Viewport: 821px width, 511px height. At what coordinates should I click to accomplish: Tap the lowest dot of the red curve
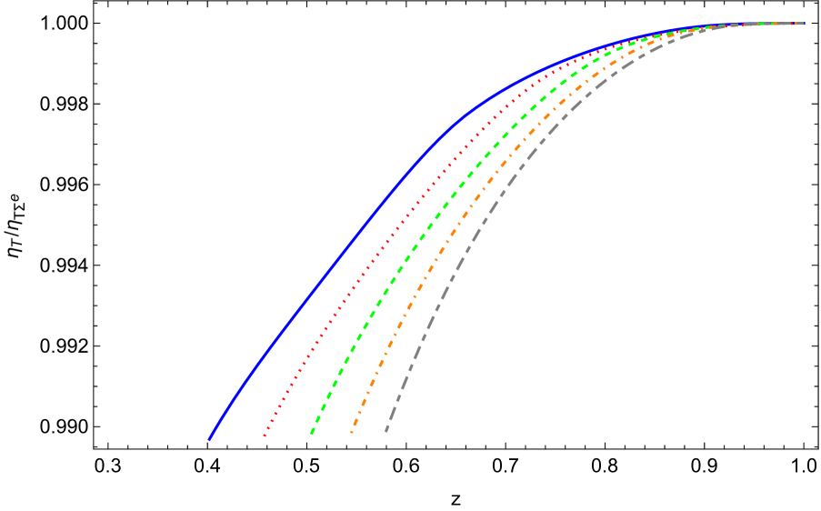pyautogui.click(x=265, y=436)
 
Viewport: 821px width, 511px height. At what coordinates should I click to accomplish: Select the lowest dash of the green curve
pyautogui.click(x=312, y=431)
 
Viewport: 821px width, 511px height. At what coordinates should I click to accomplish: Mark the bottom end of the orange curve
pyautogui.click(x=352, y=432)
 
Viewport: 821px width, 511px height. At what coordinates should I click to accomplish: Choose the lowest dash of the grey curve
pyautogui.click(x=387, y=428)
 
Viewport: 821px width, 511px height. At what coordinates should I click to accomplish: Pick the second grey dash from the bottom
pyautogui.click(x=393, y=414)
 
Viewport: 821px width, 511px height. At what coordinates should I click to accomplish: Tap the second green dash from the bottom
pyautogui.click(x=318, y=419)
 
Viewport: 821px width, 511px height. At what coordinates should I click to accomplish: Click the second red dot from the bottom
pyautogui.click(x=268, y=427)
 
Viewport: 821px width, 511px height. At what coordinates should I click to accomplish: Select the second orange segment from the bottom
pyautogui.click(x=355, y=422)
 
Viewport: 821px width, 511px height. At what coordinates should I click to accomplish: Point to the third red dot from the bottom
pyautogui.click(x=272, y=421)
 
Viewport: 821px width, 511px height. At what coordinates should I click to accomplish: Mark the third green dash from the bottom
pyautogui.click(x=323, y=407)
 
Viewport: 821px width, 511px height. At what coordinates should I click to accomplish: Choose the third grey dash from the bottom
pyautogui.click(x=398, y=397)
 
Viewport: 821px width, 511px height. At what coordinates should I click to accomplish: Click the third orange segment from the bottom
pyautogui.click(x=359, y=412)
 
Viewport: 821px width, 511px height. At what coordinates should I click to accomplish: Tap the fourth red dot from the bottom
pyautogui.click(x=275, y=414)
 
